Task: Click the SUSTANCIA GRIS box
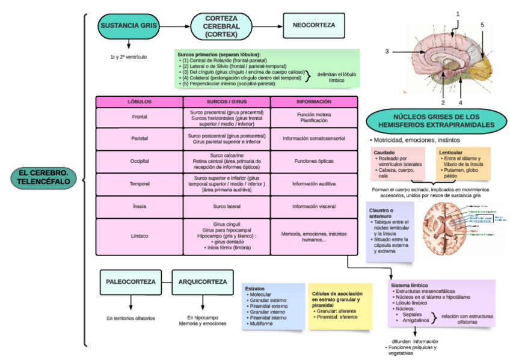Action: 128,26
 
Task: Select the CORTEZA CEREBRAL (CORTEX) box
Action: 221,26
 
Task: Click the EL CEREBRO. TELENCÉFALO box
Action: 43,177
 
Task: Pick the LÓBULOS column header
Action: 140,102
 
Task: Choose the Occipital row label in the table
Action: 140,162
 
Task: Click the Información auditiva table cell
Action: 314,184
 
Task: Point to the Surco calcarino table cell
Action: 227,162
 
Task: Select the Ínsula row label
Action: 140,207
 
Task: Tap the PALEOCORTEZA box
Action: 131,282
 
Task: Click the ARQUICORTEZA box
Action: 203,282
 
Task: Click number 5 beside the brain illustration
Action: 482,25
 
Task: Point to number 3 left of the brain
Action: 387,51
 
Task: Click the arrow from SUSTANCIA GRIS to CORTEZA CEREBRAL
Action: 173,26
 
